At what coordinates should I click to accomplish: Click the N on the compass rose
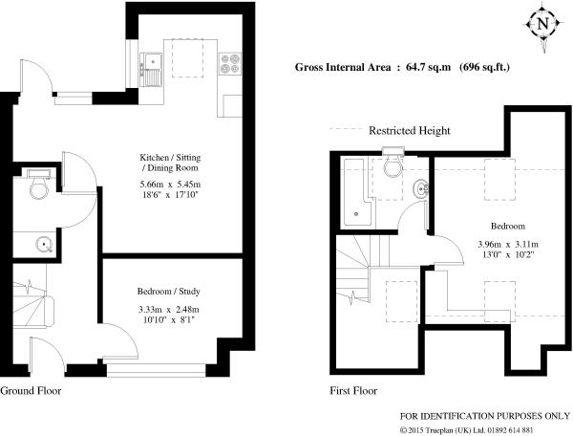coord(543,24)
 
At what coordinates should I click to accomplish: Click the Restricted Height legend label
coord(410,131)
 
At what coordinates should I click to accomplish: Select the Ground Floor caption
coord(31,391)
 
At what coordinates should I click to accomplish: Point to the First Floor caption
coord(353,391)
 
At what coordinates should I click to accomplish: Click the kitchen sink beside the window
coord(151,70)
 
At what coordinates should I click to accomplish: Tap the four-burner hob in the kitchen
coord(230,63)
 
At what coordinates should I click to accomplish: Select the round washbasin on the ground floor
coord(45,244)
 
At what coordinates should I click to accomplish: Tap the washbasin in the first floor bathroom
coord(421,189)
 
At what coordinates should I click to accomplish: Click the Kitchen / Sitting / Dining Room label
coord(170,163)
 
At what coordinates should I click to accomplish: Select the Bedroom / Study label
coord(168,292)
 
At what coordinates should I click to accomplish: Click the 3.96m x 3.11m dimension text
coord(508,245)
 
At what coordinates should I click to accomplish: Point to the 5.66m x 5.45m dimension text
coord(171,184)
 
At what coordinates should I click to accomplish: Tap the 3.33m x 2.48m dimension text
coord(168,310)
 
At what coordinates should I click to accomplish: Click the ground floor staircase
coord(32,305)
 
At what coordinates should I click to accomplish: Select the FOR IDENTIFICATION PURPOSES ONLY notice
coord(485,416)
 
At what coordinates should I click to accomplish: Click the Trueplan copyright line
coord(466,430)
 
